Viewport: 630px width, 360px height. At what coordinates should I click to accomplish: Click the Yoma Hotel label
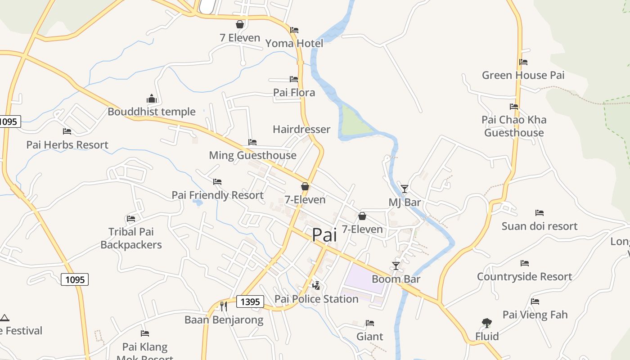point(294,43)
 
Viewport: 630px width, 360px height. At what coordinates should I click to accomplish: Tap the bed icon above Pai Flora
point(294,79)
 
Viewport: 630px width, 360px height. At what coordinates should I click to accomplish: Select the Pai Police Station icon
point(316,285)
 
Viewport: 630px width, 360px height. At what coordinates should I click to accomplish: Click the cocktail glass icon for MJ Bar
point(405,189)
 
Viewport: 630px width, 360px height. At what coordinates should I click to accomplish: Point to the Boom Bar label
point(396,279)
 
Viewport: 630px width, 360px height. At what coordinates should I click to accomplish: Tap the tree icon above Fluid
point(486,323)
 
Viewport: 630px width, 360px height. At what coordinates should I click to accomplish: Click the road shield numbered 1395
point(250,301)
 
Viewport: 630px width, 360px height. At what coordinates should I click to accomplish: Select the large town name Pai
point(324,234)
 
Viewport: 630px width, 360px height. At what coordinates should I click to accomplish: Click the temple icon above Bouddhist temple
point(151,99)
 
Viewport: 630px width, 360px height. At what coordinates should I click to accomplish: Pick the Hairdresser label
point(301,129)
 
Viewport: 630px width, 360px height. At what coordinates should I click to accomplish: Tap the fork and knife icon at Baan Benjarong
point(223,306)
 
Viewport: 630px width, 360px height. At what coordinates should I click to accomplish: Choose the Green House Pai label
point(523,75)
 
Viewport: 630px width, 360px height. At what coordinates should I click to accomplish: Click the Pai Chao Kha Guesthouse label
point(514,126)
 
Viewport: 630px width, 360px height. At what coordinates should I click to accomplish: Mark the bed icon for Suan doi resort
point(540,212)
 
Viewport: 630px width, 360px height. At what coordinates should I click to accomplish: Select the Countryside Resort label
point(524,276)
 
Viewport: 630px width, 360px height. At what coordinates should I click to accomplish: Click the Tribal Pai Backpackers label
point(131,238)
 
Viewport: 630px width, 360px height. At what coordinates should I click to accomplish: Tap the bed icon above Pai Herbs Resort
point(67,131)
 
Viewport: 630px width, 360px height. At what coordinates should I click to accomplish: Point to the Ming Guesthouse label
point(252,155)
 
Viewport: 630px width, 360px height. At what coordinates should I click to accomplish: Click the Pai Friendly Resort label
point(217,195)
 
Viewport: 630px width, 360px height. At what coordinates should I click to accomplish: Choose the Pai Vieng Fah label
point(535,315)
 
